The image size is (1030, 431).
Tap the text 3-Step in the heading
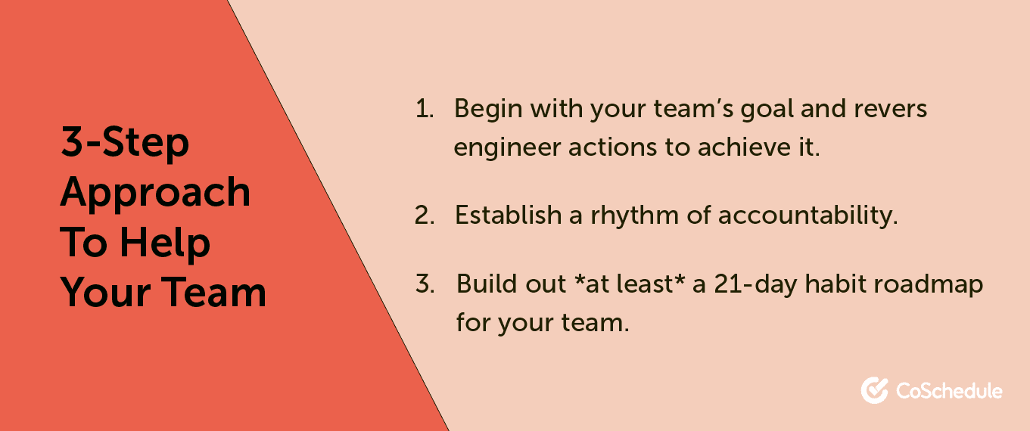pyautogui.click(x=125, y=142)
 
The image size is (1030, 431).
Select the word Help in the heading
pyautogui.click(x=165, y=244)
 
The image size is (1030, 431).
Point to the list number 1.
pyautogui.click(x=425, y=110)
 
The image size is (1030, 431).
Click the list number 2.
pyautogui.click(x=425, y=215)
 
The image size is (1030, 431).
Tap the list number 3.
pyautogui.click(x=425, y=284)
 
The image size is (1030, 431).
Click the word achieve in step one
pyautogui.click(x=740, y=147)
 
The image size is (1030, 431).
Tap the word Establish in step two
pyautogui.click(x=508, y=215)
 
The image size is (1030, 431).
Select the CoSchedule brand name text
pyautogui.click(x=949, y=391)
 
